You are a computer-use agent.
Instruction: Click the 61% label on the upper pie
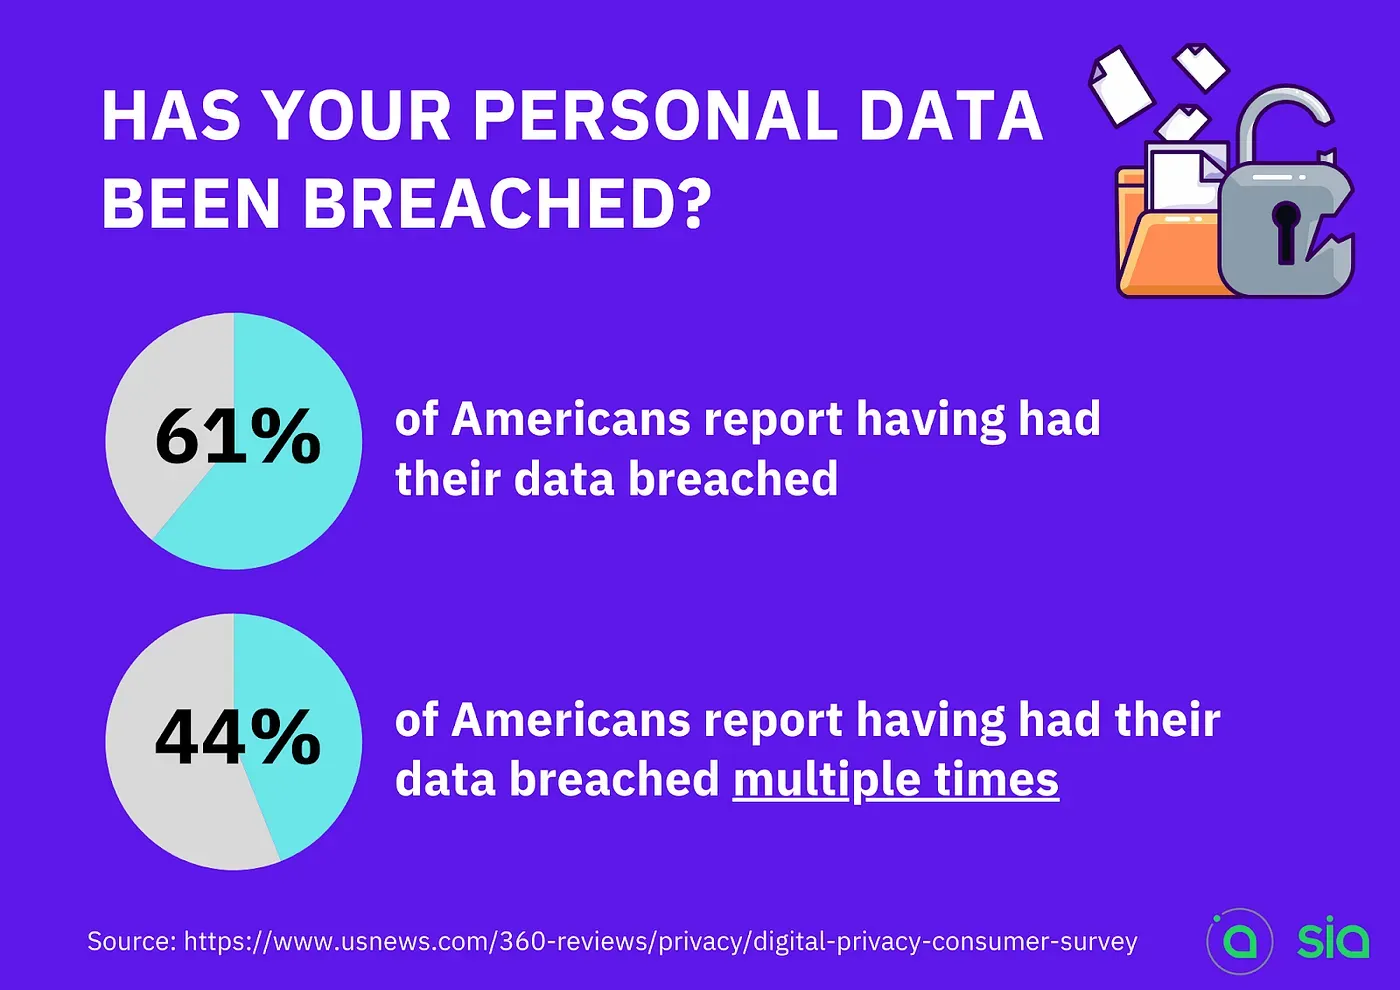coord(238,435)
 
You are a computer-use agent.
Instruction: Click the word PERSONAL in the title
coord(654,116)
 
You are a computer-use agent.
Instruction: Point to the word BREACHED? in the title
coord(507,204)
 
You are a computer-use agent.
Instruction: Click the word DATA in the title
coord(951,116)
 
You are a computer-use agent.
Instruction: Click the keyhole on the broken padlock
coord(1285,232)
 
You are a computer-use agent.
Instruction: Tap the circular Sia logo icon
coord(1239,941)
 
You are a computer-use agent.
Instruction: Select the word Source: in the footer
coord(132,941)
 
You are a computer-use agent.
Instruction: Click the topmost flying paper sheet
coord(1201,66)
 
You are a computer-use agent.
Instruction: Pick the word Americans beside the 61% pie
coord(571,419)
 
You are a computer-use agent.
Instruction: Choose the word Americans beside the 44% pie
coord(571,720)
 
